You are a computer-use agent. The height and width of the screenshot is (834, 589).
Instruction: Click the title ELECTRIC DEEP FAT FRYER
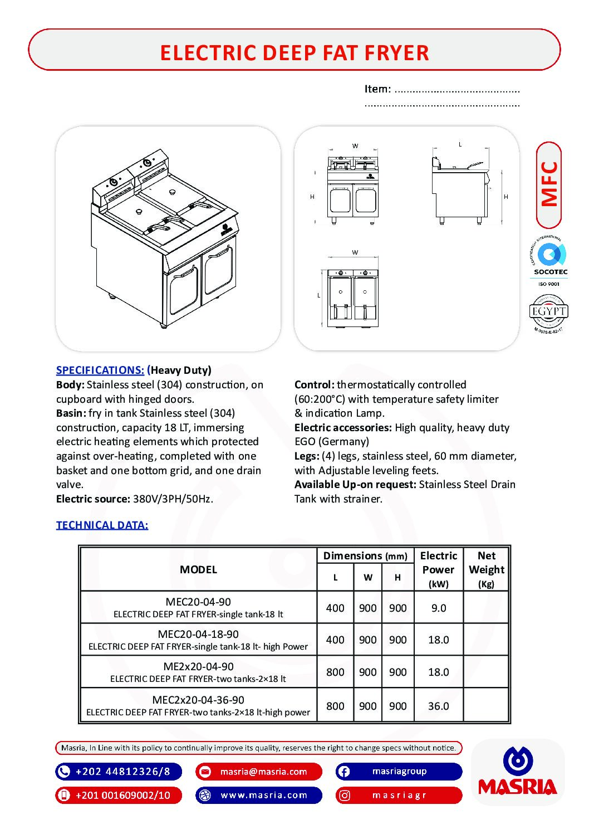click(x=294, y=53)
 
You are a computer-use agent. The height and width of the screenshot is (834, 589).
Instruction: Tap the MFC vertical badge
click(x=549, y=184)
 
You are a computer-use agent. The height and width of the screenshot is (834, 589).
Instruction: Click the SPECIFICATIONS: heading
click(x=100, y=370)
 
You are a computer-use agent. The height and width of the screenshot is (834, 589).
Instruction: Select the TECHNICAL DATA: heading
click(x=102, y=525)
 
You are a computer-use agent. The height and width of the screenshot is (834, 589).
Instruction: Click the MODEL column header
click(x=198, y=569)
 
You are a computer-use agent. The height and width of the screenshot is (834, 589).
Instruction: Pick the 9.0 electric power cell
click(x=439, y=608)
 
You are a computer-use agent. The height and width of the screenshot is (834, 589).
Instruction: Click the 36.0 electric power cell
click(x=439, y=706)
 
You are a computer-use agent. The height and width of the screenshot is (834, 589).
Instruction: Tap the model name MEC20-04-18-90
click(x=198, y=634)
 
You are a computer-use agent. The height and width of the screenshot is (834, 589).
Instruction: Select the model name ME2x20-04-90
click(x=198, y=666)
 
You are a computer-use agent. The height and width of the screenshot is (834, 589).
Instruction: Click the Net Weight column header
click(x=486, y=569)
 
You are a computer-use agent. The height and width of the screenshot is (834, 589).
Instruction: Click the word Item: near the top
click(x=377, y=89)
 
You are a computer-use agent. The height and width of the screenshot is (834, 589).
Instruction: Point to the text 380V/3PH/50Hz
click(x=173, y=499)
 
